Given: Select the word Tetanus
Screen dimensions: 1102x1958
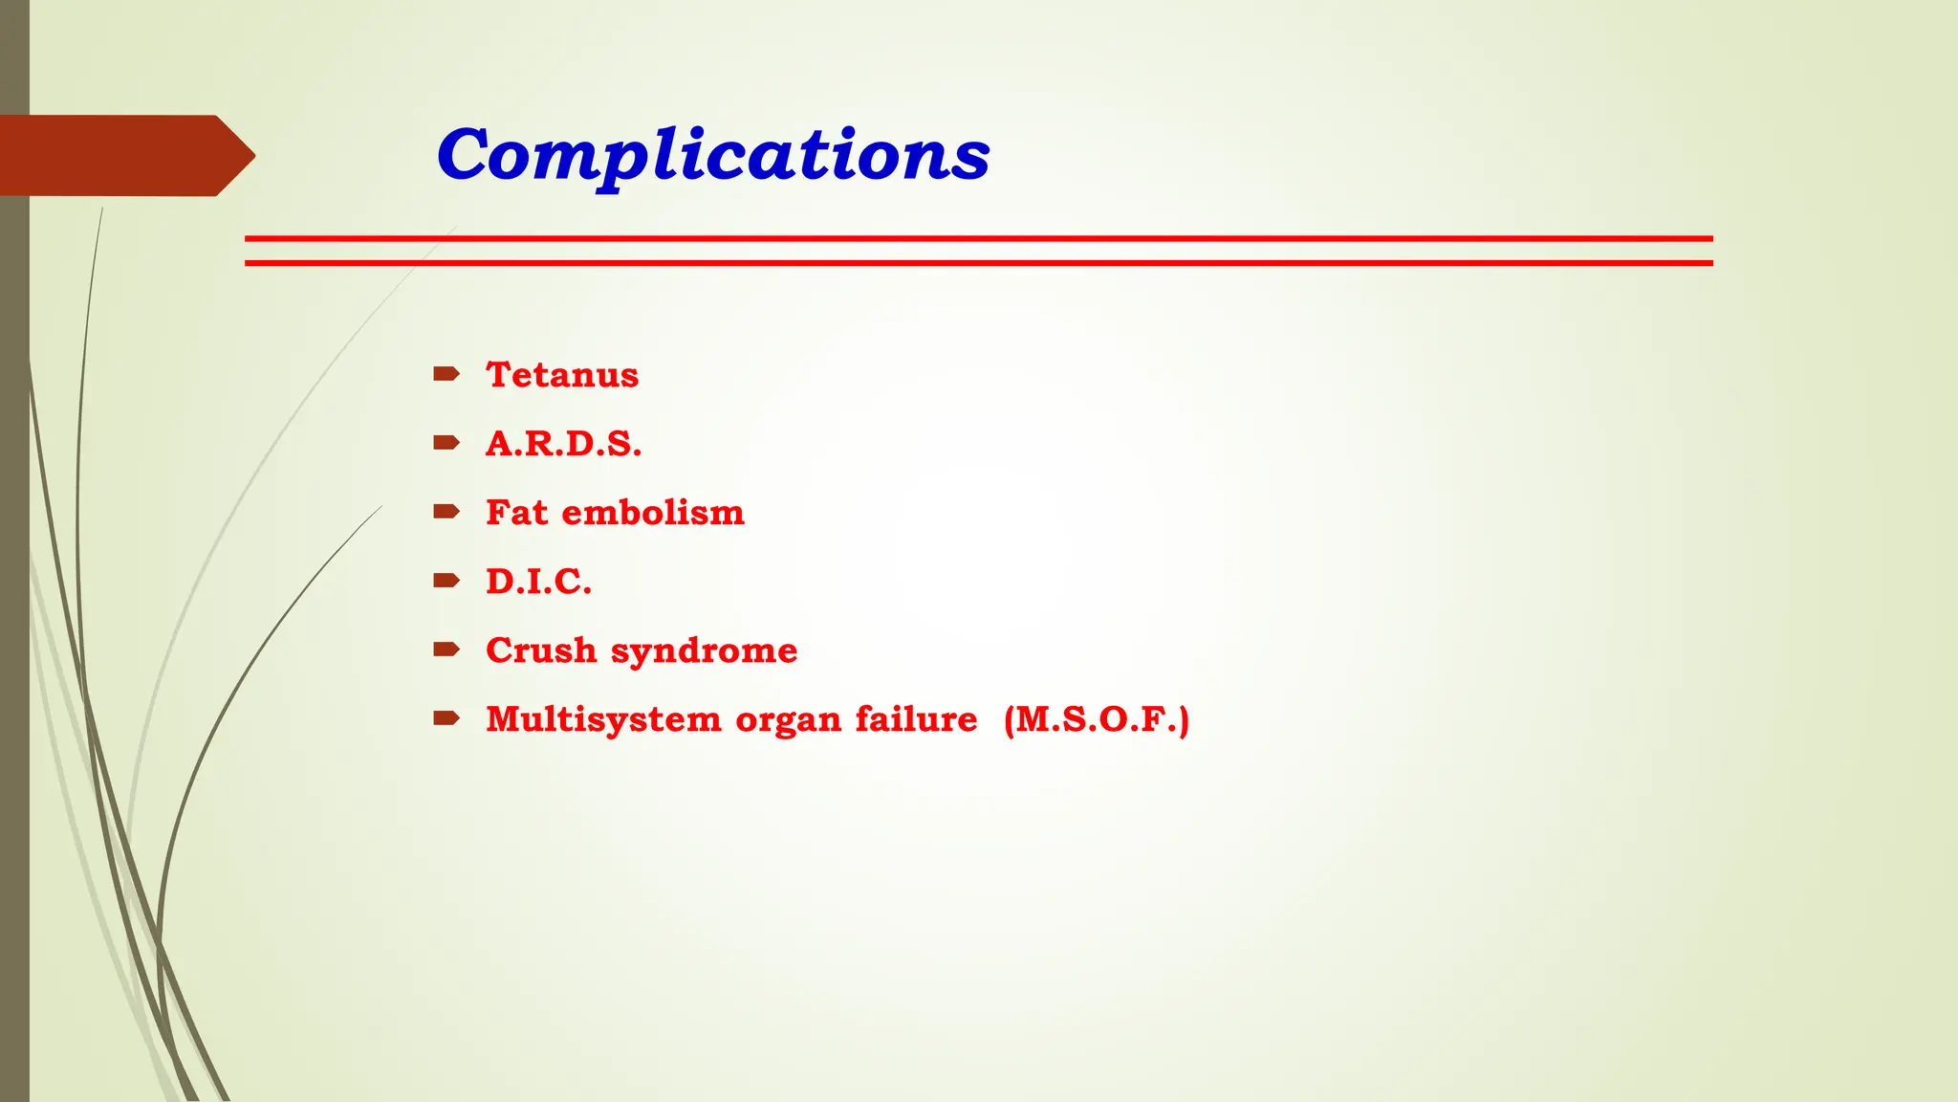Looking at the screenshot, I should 562,374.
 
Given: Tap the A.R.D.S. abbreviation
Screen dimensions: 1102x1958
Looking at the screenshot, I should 563,443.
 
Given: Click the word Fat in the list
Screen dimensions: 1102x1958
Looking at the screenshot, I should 516,512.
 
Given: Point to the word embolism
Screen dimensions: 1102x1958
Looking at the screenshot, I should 652,512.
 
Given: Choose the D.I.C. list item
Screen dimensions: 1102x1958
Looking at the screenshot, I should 538,581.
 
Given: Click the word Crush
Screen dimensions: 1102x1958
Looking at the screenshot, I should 541,650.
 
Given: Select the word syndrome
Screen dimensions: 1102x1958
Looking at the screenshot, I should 704,651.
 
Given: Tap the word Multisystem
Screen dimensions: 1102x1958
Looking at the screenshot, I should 603,719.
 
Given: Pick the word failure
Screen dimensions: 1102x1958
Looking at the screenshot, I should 916,718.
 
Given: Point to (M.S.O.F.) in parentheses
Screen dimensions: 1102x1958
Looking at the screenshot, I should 1097,719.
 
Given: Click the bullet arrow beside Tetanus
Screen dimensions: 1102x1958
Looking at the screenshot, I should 446,373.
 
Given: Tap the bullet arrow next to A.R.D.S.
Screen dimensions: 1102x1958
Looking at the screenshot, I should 446,442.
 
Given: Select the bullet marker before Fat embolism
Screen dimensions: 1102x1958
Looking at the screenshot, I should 446,511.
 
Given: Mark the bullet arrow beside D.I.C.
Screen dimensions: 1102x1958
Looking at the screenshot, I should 446,580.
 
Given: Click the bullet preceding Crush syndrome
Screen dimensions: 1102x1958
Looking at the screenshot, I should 446,649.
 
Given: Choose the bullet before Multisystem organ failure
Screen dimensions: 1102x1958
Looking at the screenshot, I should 446,717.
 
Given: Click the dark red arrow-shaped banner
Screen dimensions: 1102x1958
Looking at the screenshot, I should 124,155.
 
